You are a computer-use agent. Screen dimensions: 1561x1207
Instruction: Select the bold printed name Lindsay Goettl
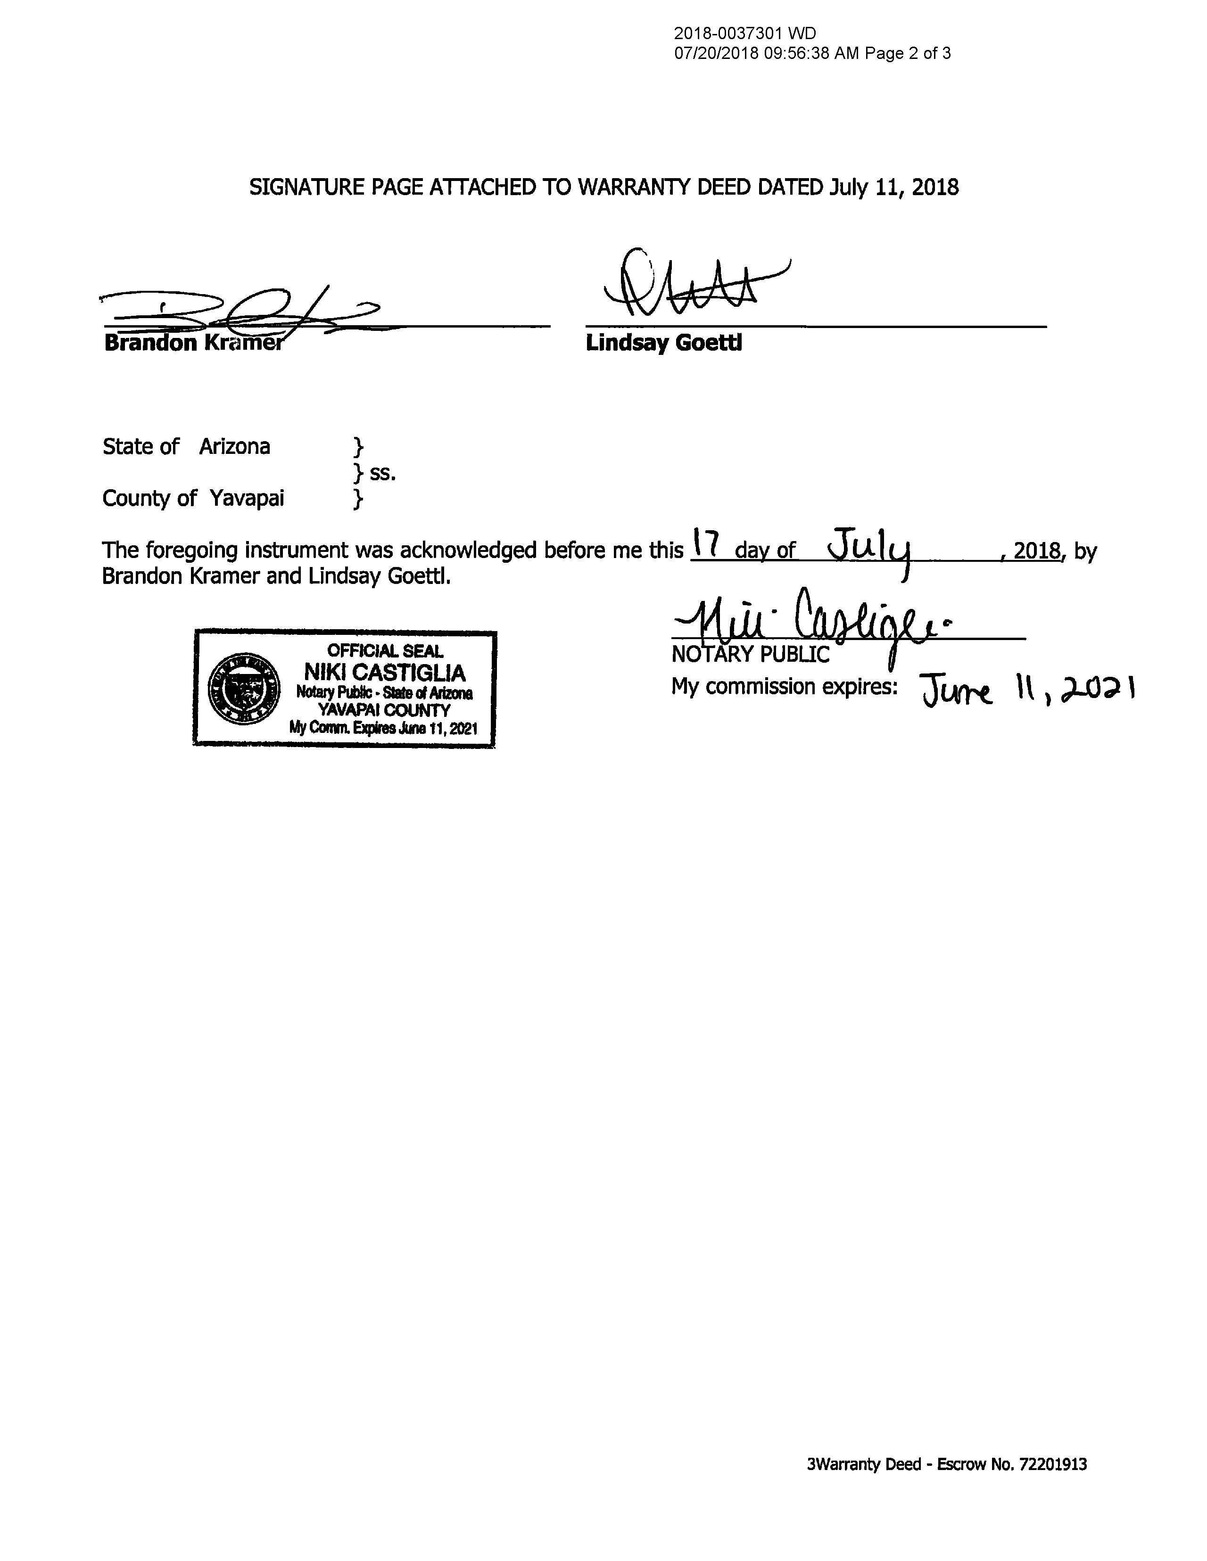click(663, 343)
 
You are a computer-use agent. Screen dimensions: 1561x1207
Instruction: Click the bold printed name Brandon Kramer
click(193, 343)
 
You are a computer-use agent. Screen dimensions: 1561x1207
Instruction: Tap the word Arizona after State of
click(234, 447)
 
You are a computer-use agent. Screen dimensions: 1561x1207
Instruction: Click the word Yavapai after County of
click(247, 498)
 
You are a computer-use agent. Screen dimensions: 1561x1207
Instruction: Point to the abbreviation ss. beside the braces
click(382, 473)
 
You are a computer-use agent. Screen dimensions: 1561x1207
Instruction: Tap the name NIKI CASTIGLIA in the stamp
click(385, 673)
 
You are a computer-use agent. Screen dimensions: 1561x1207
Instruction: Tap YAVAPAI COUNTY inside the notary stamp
click(385, 710)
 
